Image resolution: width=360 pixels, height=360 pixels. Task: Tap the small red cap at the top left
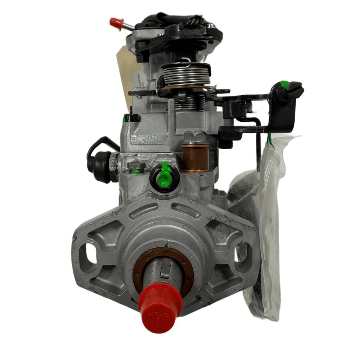116,23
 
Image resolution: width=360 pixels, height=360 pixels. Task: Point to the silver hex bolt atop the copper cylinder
194,138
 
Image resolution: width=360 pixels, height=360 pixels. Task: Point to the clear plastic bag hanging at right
267,225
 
